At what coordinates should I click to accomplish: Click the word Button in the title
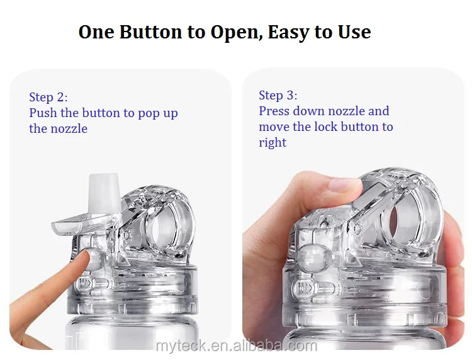pyautogui.click(x=150, y=32)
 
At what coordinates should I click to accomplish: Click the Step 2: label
pyautogui.click(x=48, y=97)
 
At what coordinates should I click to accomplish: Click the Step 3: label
pyautogui.click(x=278, y=96)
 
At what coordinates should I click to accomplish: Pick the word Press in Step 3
pyautogui.click(x=274, y=111)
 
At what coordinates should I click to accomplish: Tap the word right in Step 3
pyautogui.click(x=273, y=143)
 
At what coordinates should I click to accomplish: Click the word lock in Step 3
pyautogui.click(x=326, y=127)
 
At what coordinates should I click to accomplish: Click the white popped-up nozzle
pyautogui.click(x=103, y=193)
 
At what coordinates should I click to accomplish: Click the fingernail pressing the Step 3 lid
pyautogui.click(x=345, y=184)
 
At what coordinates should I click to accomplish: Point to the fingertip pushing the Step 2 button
pyautogui.click(x=84, y=258)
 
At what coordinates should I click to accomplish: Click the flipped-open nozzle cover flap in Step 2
pyautogui.click(x=72, y=225)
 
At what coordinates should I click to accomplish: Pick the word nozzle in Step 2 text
pyautogui.click(x=69, y=129)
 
